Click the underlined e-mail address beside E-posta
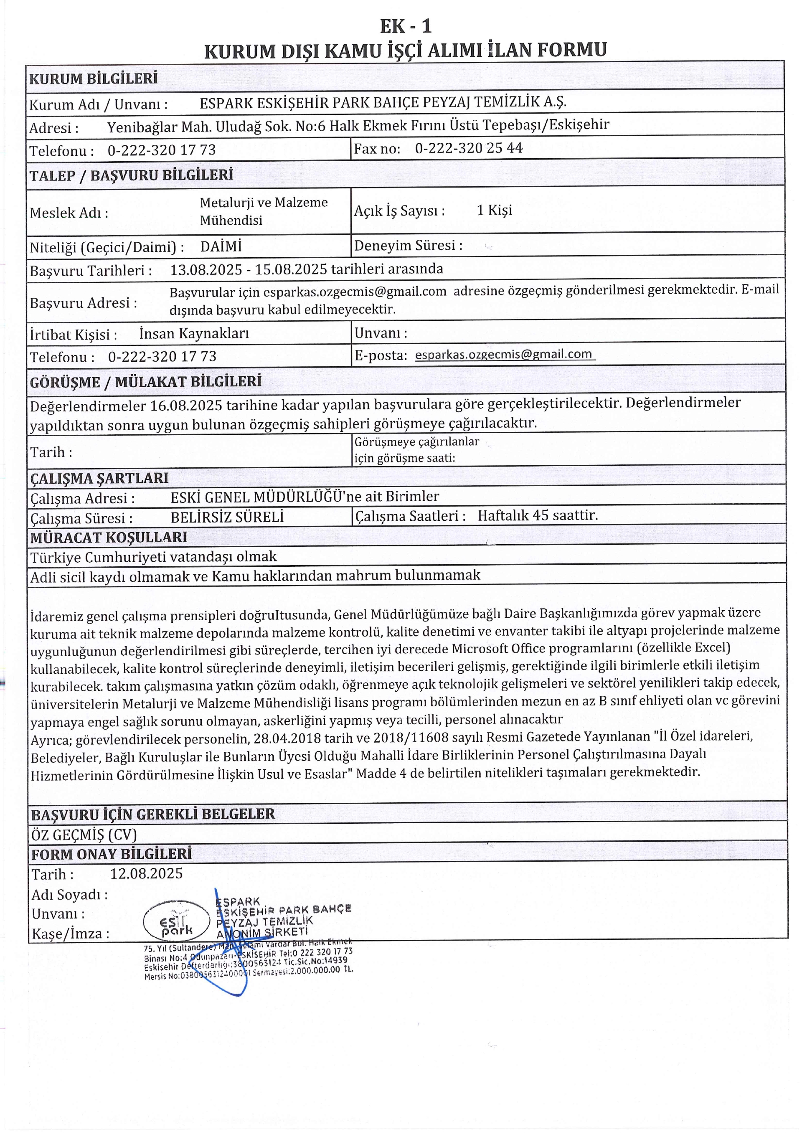pyautogui.click(x=504, y=354)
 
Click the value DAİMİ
pyautogui.click(x=221, y=246)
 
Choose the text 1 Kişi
pyautogui.click(x=494, y=211)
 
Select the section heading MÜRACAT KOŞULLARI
pyautogui.click(x=109, y=538)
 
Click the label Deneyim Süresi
pyautogui.click(x=408, y=246)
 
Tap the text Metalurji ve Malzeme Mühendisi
pyautogui.click(x=263, y=211)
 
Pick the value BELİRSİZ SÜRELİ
pyautogui.click(x=227, y=517)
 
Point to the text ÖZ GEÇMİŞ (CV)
pyautogui.click(x=84, y=835)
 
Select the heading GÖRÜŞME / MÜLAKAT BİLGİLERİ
pyautogui.click(x=146, y=382)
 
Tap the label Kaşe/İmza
pyautogui.click(x=70, y=934)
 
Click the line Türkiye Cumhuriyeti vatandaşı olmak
pyautogui.click(x=154, y=557)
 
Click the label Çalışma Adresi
pyautogui.click(x=82, y=498)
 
